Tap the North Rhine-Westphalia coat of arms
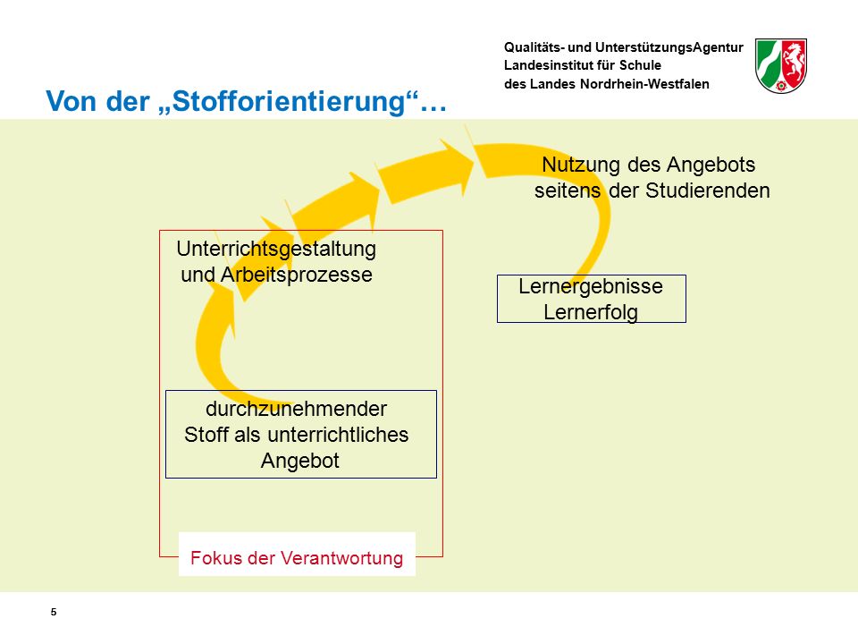click(x=781, y=65)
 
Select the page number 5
click(x=54, y=612)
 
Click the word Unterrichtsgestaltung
click(x=276, y=250)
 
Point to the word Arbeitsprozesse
click(x=296, y=275)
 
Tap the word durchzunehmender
click(x=296, y=409)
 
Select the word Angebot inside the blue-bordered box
click(x=300, y=461)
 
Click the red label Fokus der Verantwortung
click(x=297, y=557)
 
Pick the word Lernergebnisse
click(x=591, y=286)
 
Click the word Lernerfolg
click(x=591, y=312)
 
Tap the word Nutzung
click(x=581, y=165)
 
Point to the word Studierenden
click(x=708, y=191)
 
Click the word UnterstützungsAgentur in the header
click(x=669, y=47)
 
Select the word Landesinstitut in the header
click(x=551, y=65)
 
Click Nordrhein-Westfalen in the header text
click(x=644, y=84)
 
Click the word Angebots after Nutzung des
click(x=711, y=165)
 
